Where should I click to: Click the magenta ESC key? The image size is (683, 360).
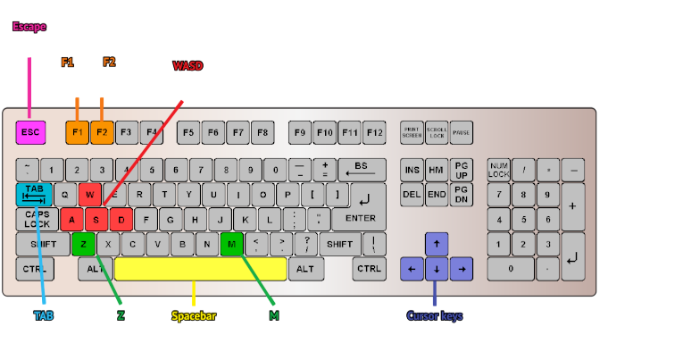coord(30,132)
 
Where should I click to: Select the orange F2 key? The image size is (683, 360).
coord(102,132)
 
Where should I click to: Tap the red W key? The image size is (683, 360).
coord(90,194)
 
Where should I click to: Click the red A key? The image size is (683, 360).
coord(72,218)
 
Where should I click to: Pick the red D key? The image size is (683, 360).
coord(121,218)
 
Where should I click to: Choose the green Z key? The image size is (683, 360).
coord(83,242)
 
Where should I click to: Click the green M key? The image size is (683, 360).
coord(231,242)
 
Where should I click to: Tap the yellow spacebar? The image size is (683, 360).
coord(200,268)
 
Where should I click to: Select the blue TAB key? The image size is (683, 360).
coord(34,194)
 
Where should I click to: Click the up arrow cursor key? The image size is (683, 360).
coord(437,243)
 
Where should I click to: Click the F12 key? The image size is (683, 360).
coord(373,132)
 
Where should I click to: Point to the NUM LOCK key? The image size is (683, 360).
coord(498,169)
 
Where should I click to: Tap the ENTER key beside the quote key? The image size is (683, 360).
coord(360,218)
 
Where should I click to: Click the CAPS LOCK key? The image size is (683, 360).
coord(37,218)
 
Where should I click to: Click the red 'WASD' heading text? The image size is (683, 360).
coord(187,66)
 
